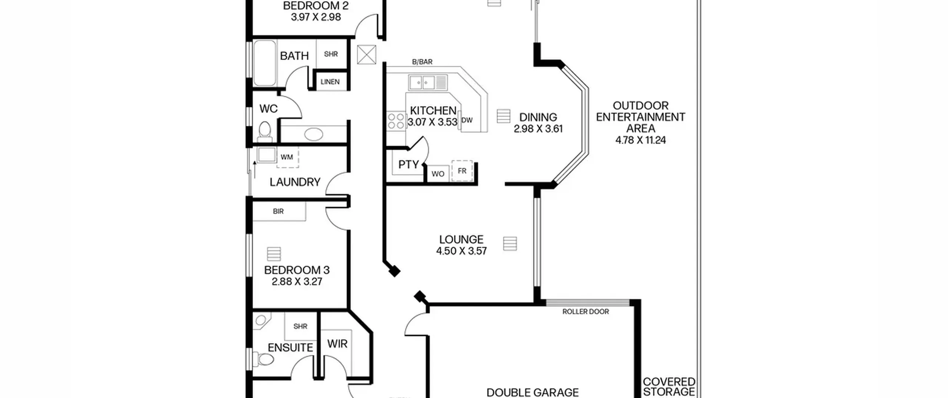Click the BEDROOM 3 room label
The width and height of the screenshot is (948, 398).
coord(297,270)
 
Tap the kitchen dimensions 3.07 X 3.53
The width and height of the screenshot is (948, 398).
coord(433,122)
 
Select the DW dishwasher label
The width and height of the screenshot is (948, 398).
coord(467,120)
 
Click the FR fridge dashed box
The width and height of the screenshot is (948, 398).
coord(462,171)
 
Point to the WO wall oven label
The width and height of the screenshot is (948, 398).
coord(438,174)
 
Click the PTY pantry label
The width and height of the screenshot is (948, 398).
coord(408,164)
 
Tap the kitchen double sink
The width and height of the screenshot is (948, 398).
coord(428,82)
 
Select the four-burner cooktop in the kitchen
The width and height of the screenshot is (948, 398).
coord(395,121)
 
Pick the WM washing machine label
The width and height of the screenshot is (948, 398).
coord(287,157)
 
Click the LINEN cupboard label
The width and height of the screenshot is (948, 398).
coord(330,82)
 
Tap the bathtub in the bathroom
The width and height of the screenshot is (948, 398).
coord(264,63)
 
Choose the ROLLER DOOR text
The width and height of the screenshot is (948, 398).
coord(585,312)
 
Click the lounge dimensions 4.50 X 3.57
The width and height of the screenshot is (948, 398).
coord(461,251)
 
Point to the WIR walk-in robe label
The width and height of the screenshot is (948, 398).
coord(337,344)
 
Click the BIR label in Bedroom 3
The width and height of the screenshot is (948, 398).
coord(278,211)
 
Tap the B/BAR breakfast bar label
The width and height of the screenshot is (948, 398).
coord(422,62)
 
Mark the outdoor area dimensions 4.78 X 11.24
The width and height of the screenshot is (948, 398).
coord(641,140)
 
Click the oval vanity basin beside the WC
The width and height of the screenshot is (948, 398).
coord(313,134)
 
